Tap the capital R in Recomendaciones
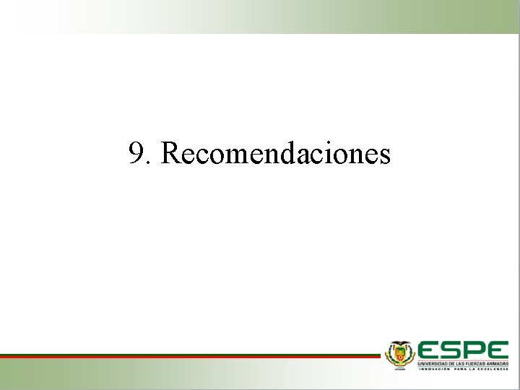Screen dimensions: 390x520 coord(172,153)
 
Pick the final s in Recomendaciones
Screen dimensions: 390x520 coord(385,156)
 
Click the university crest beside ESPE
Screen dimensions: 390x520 coord(399,355)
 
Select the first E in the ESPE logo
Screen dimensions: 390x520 coord(430,349)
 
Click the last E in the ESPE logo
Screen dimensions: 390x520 coord(498,349)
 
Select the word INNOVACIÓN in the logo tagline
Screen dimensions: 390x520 coord(432,368)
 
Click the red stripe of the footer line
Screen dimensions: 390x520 coord(188,355)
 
